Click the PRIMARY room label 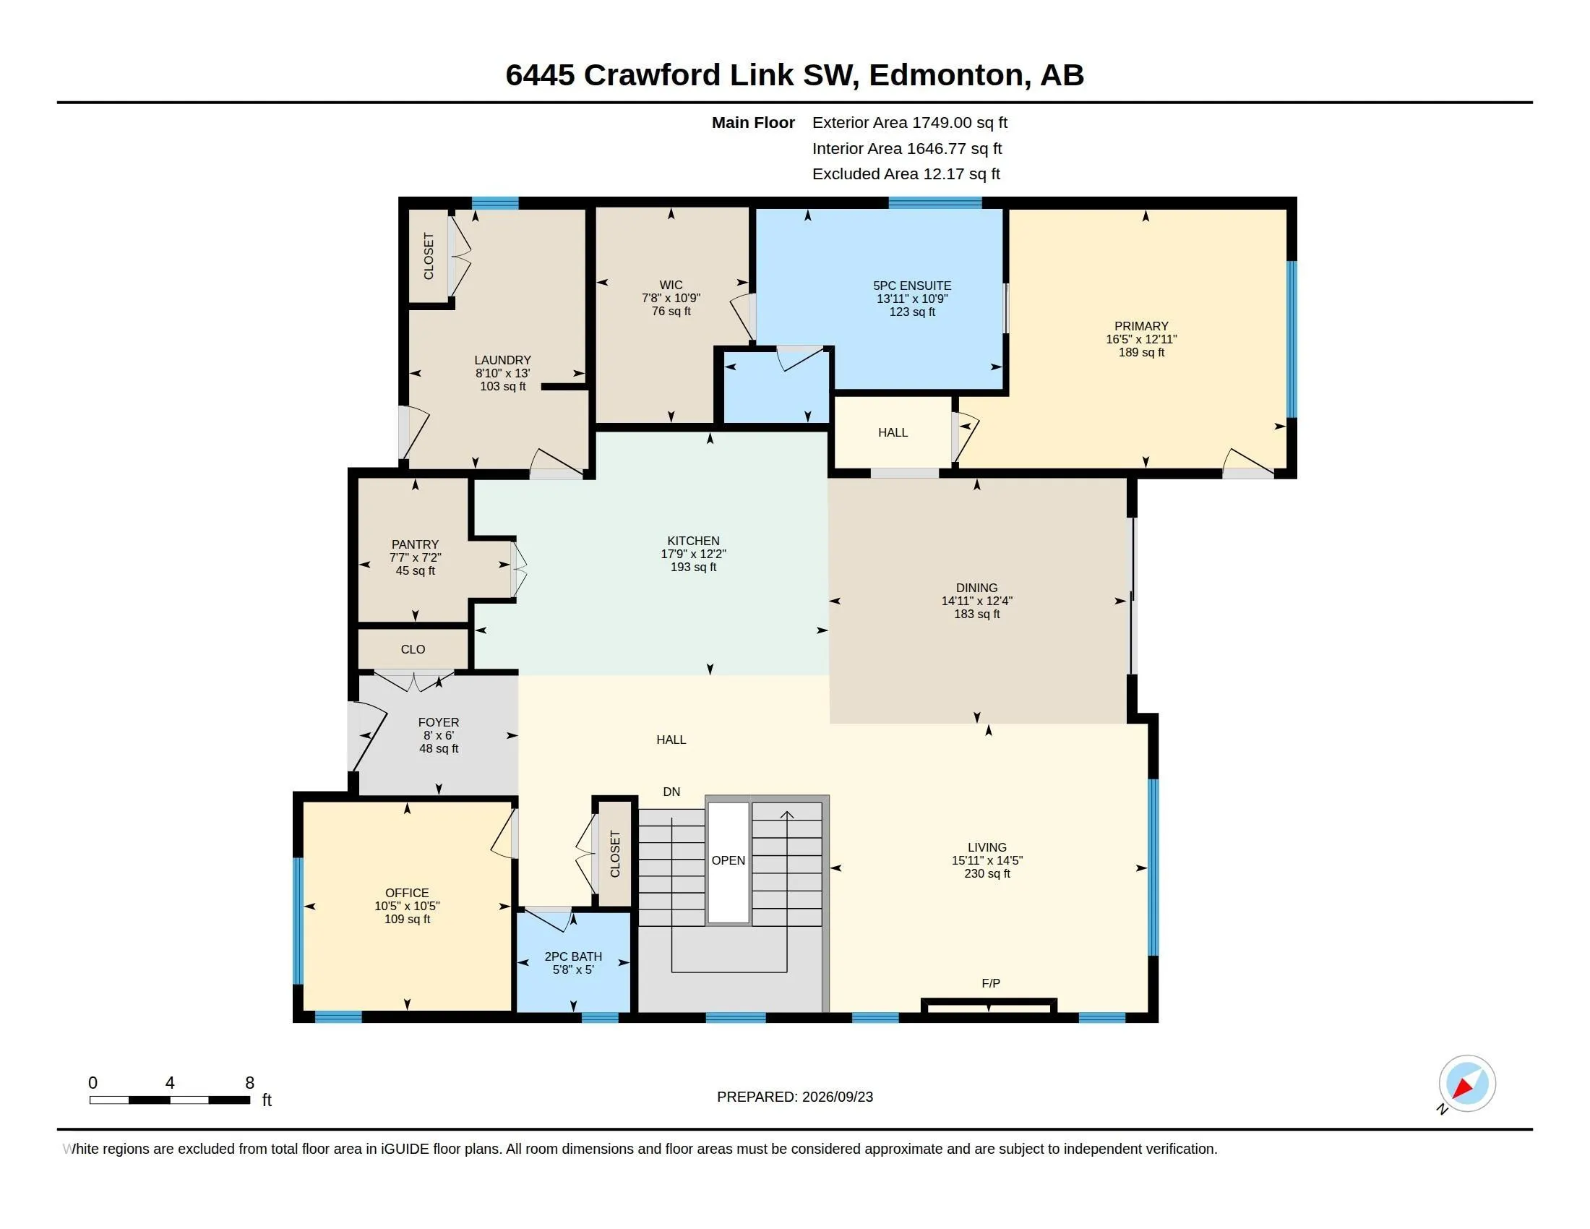tap(1140, 326)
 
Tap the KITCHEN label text tap(693, 541)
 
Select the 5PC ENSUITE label tap(912, 286)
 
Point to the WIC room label tap(671, 285)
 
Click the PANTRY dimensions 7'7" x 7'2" tap(415, 557)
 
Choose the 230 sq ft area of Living tap(987, 874)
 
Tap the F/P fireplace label tap(991, 984)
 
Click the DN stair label tap(671, 792)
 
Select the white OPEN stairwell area tap(729, 862)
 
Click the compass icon tap(1467, 1083)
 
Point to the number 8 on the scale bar tap(250, 1083)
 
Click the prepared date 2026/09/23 tap(837, 1097)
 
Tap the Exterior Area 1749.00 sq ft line tap(910, 122)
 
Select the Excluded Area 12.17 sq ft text tap(906, 174)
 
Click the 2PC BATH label tap(573, 956)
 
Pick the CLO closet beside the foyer tap(413, 648)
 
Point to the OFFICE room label tap(407, 893)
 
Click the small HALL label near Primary tap(893, 432)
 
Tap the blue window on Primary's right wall tap(1292, 339)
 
